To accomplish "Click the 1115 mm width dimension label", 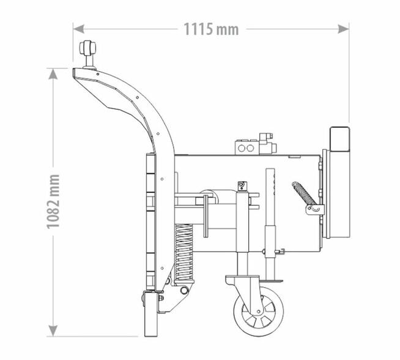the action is (x=211, y=29).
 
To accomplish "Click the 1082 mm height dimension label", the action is (x=53, y=201).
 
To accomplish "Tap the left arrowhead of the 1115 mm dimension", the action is (x=78, y=29).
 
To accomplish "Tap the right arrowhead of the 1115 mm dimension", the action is (x=343, y=29).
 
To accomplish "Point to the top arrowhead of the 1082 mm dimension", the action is (x=53, y=74).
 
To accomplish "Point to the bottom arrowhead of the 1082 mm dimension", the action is (x=53, y=331).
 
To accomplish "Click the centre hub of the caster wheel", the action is (x=259, y=312).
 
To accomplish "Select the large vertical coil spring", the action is (x=184, y=253).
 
